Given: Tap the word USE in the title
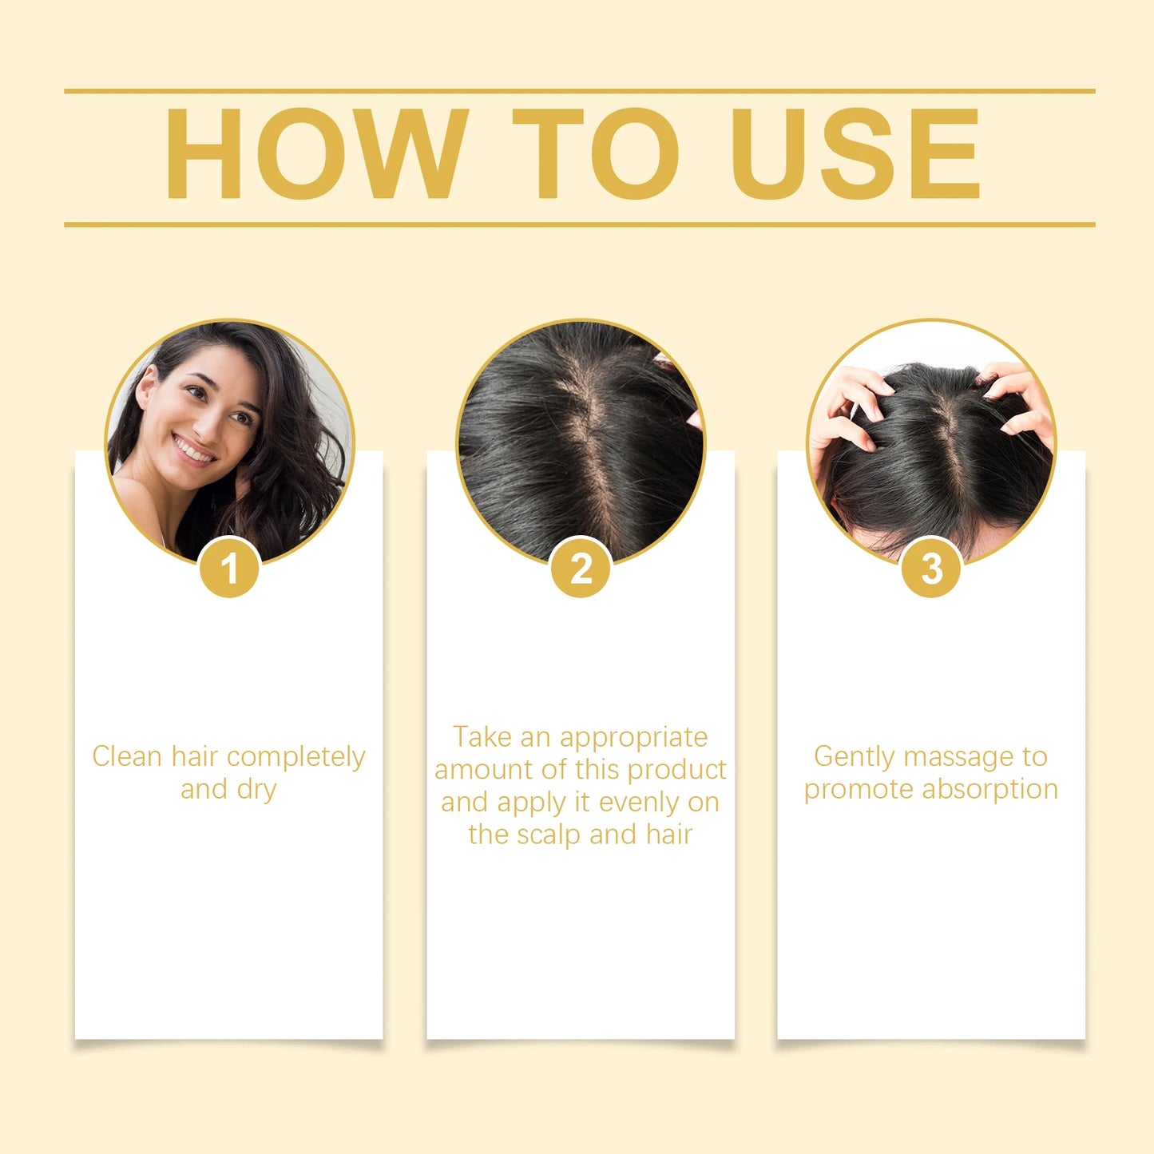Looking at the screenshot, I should (x=855, y=153).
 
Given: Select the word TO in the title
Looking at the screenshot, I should (x=596, y=153).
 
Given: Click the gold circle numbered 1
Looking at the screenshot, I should (x=230, y=569).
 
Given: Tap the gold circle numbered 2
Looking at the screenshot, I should (x=581, y=569).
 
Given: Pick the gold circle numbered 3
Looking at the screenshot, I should (x=931, y=569).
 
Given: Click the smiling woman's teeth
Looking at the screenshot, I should (x=194, y=450).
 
